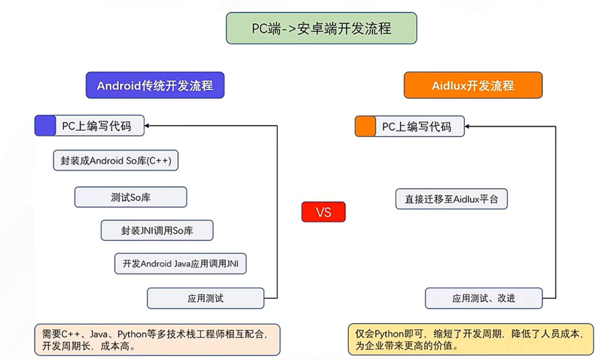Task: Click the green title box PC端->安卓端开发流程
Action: pos(321,28)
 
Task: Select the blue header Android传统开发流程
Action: pos(155,85)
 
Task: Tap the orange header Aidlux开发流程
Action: pos(473,85)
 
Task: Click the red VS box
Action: pos(324,212)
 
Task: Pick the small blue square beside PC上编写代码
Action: pos(45,126)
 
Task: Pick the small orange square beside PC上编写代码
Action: pos(365,126)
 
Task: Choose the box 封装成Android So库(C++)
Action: pos(116,160)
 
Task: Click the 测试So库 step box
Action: pos(131,197)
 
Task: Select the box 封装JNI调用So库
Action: pos(157,230)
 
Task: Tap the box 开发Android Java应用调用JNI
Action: pos(180,264)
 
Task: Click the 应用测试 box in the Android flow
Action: pos(205,298)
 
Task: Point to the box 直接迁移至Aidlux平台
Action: pos(451,199)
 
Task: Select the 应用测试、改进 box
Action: pos(484,298)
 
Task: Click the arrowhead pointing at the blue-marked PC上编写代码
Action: pos(147,126)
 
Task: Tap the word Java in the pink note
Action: pos(98,334)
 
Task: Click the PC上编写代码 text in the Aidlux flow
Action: pos(416,126)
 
